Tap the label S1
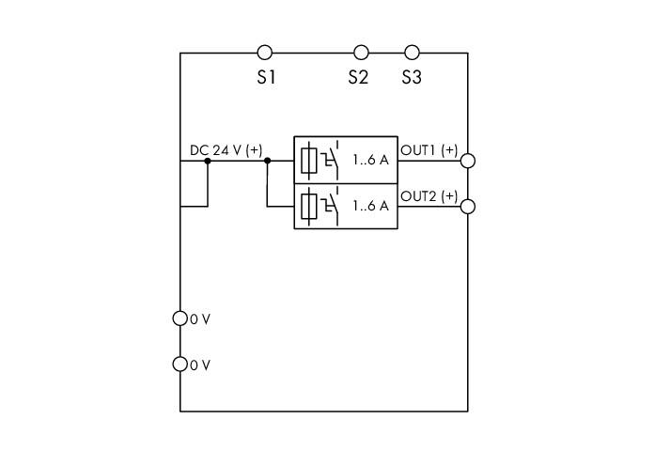pyautogui.click(x=266, y=77)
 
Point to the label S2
pyautogui.click(x=358, y=77)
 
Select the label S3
pyautogui.click(x=412, y=77)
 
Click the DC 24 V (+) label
pyautogui.click(x=226, y=150)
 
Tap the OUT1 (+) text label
pyautogui.click(x=429, y=150)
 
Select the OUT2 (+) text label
pyautogui.click(x=429, y=195)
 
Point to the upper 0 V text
pyautogui.click(x=200, y=319)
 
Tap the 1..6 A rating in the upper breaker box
pyautogui.click(x=370, y=160)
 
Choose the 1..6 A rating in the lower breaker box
pyautogui.click(x=370, y=206)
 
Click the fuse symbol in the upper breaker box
pyautogui.click(x=309, y=161)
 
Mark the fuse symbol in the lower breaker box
pyautogui.click(x=309, y=207)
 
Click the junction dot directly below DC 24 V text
pyautogui.click(x=208, y=161)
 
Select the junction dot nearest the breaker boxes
pyautogui.click(x=268, y=161)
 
